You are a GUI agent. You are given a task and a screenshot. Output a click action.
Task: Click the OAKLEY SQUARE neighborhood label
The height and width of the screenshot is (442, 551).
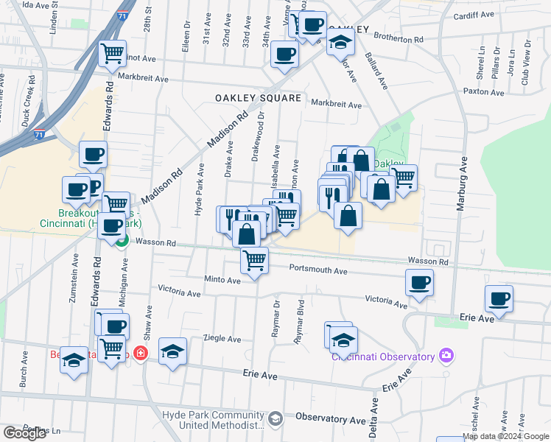pos(258,98)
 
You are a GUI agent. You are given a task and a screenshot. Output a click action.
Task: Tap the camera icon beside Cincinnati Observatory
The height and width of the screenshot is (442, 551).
pos(446,357)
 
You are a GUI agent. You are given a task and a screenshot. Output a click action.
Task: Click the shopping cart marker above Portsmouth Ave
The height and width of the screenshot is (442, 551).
pos(254,260)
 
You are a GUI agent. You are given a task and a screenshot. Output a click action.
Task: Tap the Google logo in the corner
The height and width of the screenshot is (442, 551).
pos(24,433)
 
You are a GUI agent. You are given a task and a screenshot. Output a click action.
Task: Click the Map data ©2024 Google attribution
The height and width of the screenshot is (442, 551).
pos(506,436)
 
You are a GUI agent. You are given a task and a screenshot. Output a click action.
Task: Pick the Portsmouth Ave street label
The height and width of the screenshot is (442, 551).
pos(317,270)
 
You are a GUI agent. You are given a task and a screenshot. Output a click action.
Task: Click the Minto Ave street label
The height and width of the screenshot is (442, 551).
pos(222,281)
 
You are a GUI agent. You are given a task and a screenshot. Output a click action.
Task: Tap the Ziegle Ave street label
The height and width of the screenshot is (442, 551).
pos(222,339)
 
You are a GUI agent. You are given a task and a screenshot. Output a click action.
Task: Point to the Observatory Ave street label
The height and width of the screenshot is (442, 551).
pos(331,418)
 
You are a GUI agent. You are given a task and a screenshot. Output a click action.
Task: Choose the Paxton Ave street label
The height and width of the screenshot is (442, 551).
pos(483,93)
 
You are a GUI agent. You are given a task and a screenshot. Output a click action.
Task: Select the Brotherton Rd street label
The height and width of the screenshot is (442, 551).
pos(399,38)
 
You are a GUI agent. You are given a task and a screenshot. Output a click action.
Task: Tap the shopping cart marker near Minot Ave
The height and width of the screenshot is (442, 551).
pos(112,52)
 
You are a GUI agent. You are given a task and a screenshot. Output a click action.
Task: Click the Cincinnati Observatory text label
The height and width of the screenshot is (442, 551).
pos(382,357)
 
